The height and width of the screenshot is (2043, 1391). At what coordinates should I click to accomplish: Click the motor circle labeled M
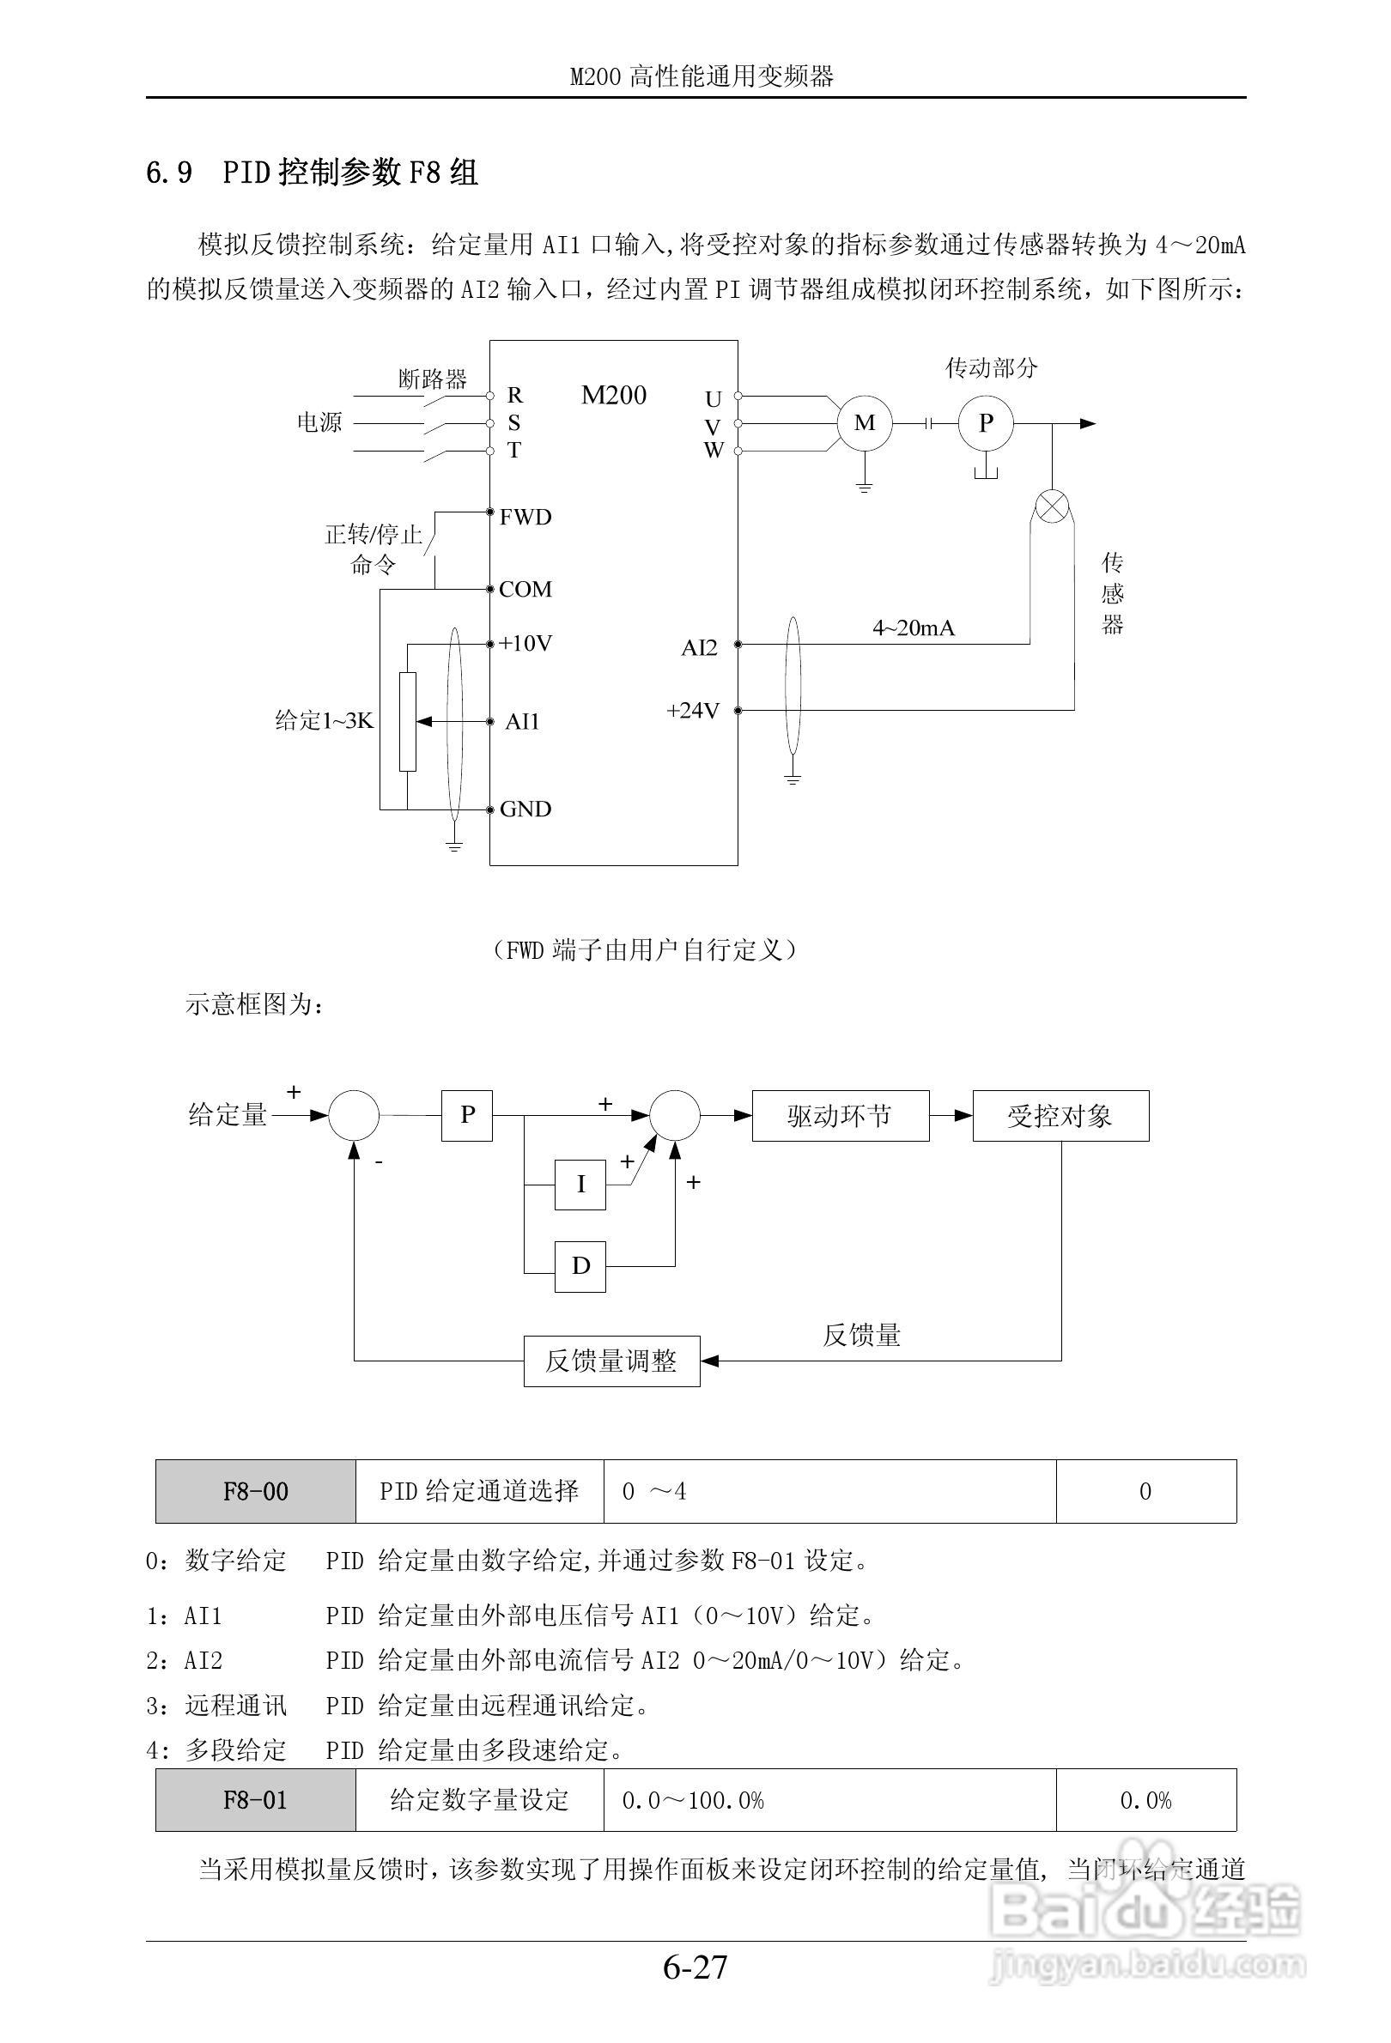865,423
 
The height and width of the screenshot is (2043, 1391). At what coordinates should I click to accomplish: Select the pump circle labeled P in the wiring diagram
986,423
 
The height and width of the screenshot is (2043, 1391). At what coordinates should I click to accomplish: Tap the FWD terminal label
525,517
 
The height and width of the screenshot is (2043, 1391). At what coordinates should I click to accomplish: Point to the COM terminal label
525,589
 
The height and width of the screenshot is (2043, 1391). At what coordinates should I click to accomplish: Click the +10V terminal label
525,644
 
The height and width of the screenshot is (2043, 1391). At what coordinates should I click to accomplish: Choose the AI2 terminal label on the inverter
699,648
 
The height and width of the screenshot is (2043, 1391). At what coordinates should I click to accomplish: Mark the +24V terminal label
693,710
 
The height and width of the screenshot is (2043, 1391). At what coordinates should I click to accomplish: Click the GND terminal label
525,809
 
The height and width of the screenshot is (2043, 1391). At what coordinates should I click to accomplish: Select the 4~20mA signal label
913,627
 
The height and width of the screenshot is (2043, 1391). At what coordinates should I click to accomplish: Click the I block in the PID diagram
580,1185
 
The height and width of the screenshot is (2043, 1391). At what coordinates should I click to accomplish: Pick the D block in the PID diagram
580,1266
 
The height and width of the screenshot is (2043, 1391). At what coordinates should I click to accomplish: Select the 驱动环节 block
840,1117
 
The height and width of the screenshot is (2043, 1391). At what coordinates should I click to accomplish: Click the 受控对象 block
1060,1117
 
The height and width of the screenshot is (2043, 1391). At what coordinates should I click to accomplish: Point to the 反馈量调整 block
611,1361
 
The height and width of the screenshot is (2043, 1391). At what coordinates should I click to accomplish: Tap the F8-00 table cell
256,1492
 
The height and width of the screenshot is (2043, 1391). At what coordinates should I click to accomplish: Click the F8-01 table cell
256,1800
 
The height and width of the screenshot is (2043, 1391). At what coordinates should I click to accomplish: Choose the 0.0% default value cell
1145,1800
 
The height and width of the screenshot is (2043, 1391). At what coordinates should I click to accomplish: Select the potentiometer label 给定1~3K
325,721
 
